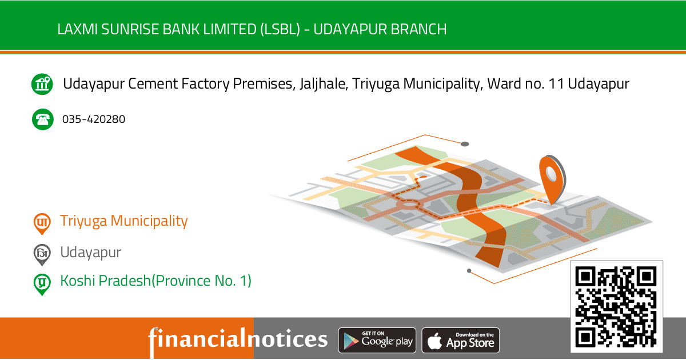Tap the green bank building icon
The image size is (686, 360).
pyautogui.click(x=42, y=84)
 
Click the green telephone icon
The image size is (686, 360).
pyautogui.click(x=42, y=119)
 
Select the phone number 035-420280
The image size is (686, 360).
pyautogui.click(x=94, y=119)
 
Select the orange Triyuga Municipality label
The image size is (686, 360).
pyautogui.click(x=124, y=221)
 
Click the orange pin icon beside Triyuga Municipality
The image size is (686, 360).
pyautogui.click(x=41, y=223)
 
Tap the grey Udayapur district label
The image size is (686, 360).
pyautogui.click(x=91, y=252)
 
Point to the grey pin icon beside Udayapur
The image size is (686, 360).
pyautogui.click(x=41, y=254)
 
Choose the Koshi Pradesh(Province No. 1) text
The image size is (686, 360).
pyautogui.click(x=155, y=281)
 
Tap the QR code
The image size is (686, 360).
pyautogui.click(x=616, y=307)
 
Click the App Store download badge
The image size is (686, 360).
pyautogui.click(x=461, y=341)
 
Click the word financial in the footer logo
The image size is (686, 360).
pyautogui.click(x=197, y=339)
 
